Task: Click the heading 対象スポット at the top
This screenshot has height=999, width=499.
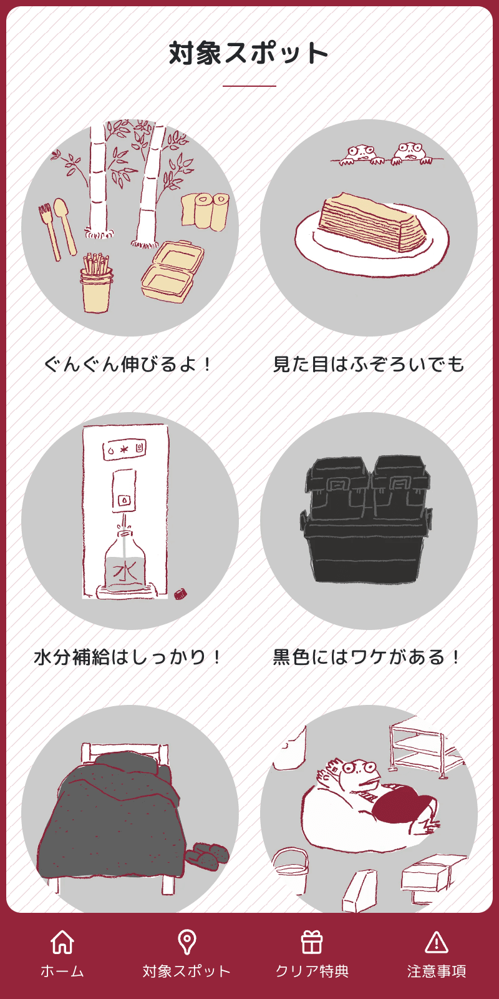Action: [248, 53]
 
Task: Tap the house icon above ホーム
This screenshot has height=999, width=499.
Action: [62, 942]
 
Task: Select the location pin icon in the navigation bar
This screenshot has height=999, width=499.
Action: [187, 942]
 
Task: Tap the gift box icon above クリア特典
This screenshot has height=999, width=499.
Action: [312, 942]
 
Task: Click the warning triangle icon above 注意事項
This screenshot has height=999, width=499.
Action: [437, 942]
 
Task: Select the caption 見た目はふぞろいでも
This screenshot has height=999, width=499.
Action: [369, 364]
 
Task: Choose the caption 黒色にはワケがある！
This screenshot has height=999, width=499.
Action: [369, 657]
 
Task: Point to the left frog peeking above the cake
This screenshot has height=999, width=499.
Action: [361, 154]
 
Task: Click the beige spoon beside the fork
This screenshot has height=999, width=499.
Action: [64, 225]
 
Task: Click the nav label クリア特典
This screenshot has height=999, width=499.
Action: [312, 971]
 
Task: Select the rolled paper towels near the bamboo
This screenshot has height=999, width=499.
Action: [205, 211]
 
